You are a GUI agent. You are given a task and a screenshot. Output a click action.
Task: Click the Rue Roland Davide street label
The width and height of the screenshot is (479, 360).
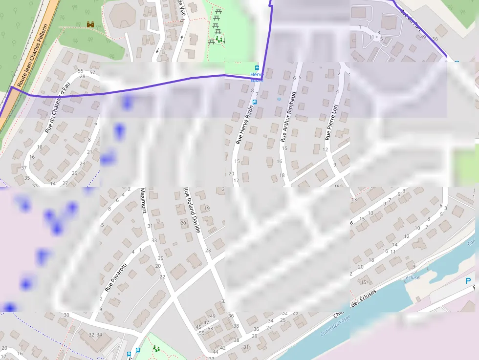point(192,210)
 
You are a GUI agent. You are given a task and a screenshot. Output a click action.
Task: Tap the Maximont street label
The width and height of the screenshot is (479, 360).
point(143,201)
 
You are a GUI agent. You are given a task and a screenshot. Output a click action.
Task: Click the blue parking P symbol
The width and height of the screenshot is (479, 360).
point(468,281)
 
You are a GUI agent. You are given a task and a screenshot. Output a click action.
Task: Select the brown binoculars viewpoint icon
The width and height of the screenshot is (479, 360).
point(90,24)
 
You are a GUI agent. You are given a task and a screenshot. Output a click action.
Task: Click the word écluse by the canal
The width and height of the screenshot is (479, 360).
point(413,277)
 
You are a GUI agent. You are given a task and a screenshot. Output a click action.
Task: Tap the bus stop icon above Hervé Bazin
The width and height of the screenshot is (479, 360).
point(257,68)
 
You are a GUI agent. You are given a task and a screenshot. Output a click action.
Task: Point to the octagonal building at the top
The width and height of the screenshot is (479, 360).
point(122,16)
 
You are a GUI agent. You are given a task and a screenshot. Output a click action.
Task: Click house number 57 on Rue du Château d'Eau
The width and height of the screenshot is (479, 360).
point(92,73)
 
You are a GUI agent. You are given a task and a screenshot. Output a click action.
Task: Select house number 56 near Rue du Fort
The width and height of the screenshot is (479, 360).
point(435,39)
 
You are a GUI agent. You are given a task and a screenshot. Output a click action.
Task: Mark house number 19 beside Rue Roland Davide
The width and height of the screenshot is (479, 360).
point(207,208)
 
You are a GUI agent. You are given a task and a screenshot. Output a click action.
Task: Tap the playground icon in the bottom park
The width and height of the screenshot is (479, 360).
point(157,348)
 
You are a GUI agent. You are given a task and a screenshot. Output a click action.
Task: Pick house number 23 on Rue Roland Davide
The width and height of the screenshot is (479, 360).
point(208,250)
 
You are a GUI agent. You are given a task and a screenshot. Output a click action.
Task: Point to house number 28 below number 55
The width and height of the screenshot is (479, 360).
point(82,76)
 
